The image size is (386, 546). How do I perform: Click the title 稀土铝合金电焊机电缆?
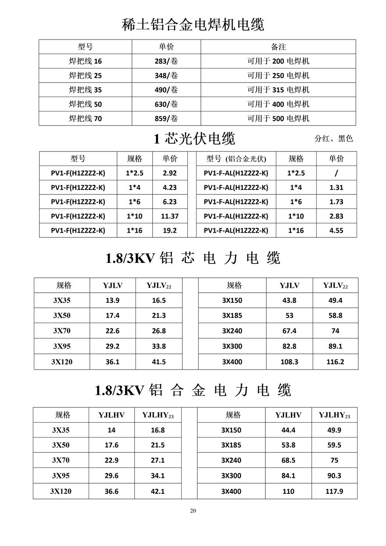click(193, 25)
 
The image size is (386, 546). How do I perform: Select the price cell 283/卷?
click(166, 61)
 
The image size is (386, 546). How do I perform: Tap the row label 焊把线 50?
click(85, 104)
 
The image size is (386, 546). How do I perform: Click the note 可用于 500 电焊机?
click(278, 119)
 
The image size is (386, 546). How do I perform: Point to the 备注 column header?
click(278, 47)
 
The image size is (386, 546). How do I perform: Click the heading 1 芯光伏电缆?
click(194, 139)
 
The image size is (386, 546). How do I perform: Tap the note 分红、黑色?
click(334, 139)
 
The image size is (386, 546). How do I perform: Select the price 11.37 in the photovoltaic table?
click(170, 216)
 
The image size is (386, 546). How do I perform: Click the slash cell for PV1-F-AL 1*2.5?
click(336, 173)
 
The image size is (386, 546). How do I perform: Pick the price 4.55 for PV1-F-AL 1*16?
click(336, 230)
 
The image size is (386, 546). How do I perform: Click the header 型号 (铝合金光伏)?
click(236, 159)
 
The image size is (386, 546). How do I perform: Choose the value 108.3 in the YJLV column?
click(289, 362)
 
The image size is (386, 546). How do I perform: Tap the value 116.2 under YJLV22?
click(335, 362)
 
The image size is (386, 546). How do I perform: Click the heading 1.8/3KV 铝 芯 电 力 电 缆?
click(193, 258)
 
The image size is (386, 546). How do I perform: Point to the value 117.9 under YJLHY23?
click(335, 492)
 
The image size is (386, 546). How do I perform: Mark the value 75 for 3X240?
click(334, 461)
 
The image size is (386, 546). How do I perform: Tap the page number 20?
click(193, 510)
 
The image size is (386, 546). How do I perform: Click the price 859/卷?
click(166, 119)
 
